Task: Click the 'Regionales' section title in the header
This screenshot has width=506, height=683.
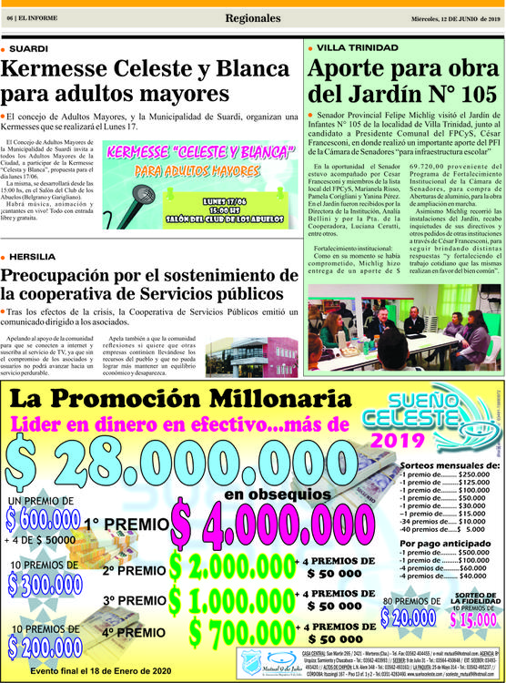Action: [253, 18]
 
